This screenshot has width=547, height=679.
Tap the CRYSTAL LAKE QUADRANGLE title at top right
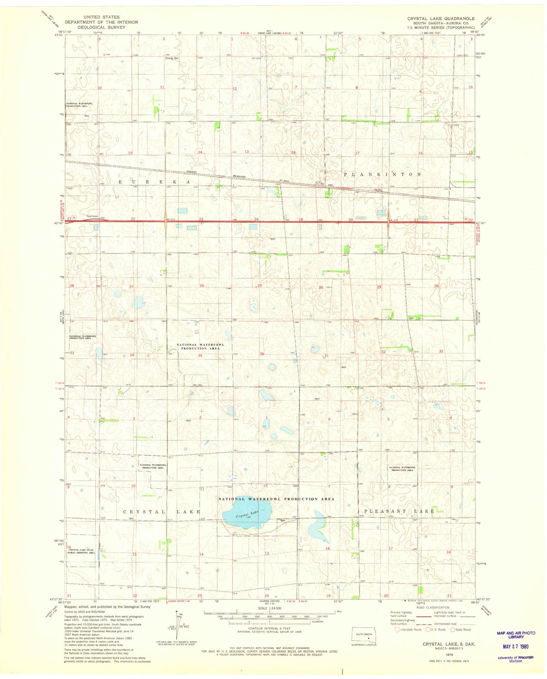click(441, 19)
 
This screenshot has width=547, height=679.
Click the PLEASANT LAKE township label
click(396, 511)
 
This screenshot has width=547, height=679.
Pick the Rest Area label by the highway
click(92, 216)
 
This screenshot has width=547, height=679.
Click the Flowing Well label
click(171, 58)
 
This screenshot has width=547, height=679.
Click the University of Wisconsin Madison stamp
click(516, 659)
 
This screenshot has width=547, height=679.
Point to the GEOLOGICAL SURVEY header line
click(101, 27)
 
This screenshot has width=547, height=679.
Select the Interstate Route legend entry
click(408, 629)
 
